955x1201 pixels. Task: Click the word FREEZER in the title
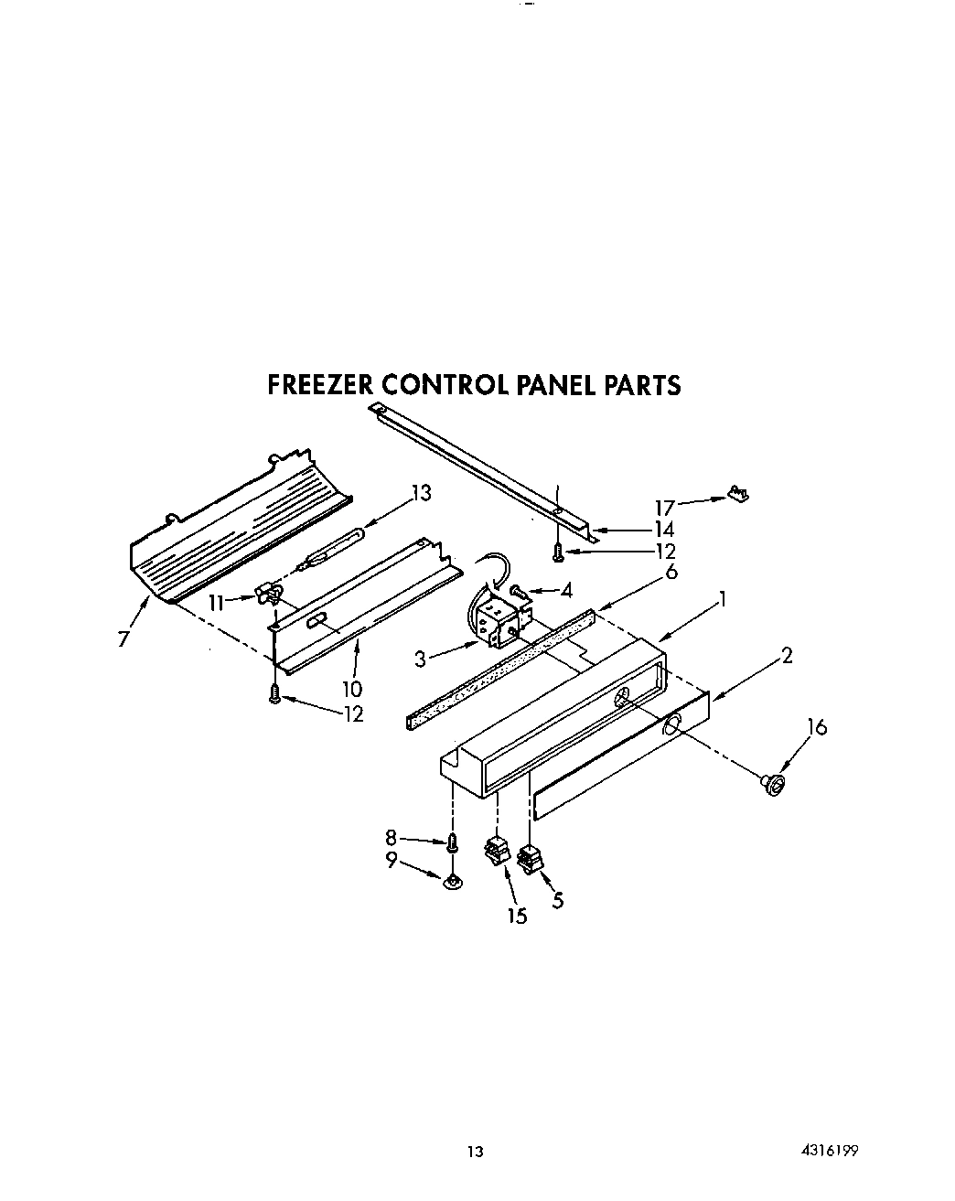(319, 385)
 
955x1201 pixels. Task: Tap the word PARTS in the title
(639, 385)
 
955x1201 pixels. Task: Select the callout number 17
(665, 507)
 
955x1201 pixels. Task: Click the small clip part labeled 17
(739, 494)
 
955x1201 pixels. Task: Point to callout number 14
(663, 529)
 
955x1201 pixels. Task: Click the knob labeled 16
(774, 783)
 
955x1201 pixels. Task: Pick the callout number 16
(816, 727)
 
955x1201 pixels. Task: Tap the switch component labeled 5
(528, 859)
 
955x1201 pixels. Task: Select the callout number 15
(517, 915)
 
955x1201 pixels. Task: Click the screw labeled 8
(451, 841)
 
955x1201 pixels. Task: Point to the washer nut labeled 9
(451, 882)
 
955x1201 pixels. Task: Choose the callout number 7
(123, 639)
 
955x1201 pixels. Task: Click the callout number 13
(420, 493)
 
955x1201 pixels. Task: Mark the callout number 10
(352, 689)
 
